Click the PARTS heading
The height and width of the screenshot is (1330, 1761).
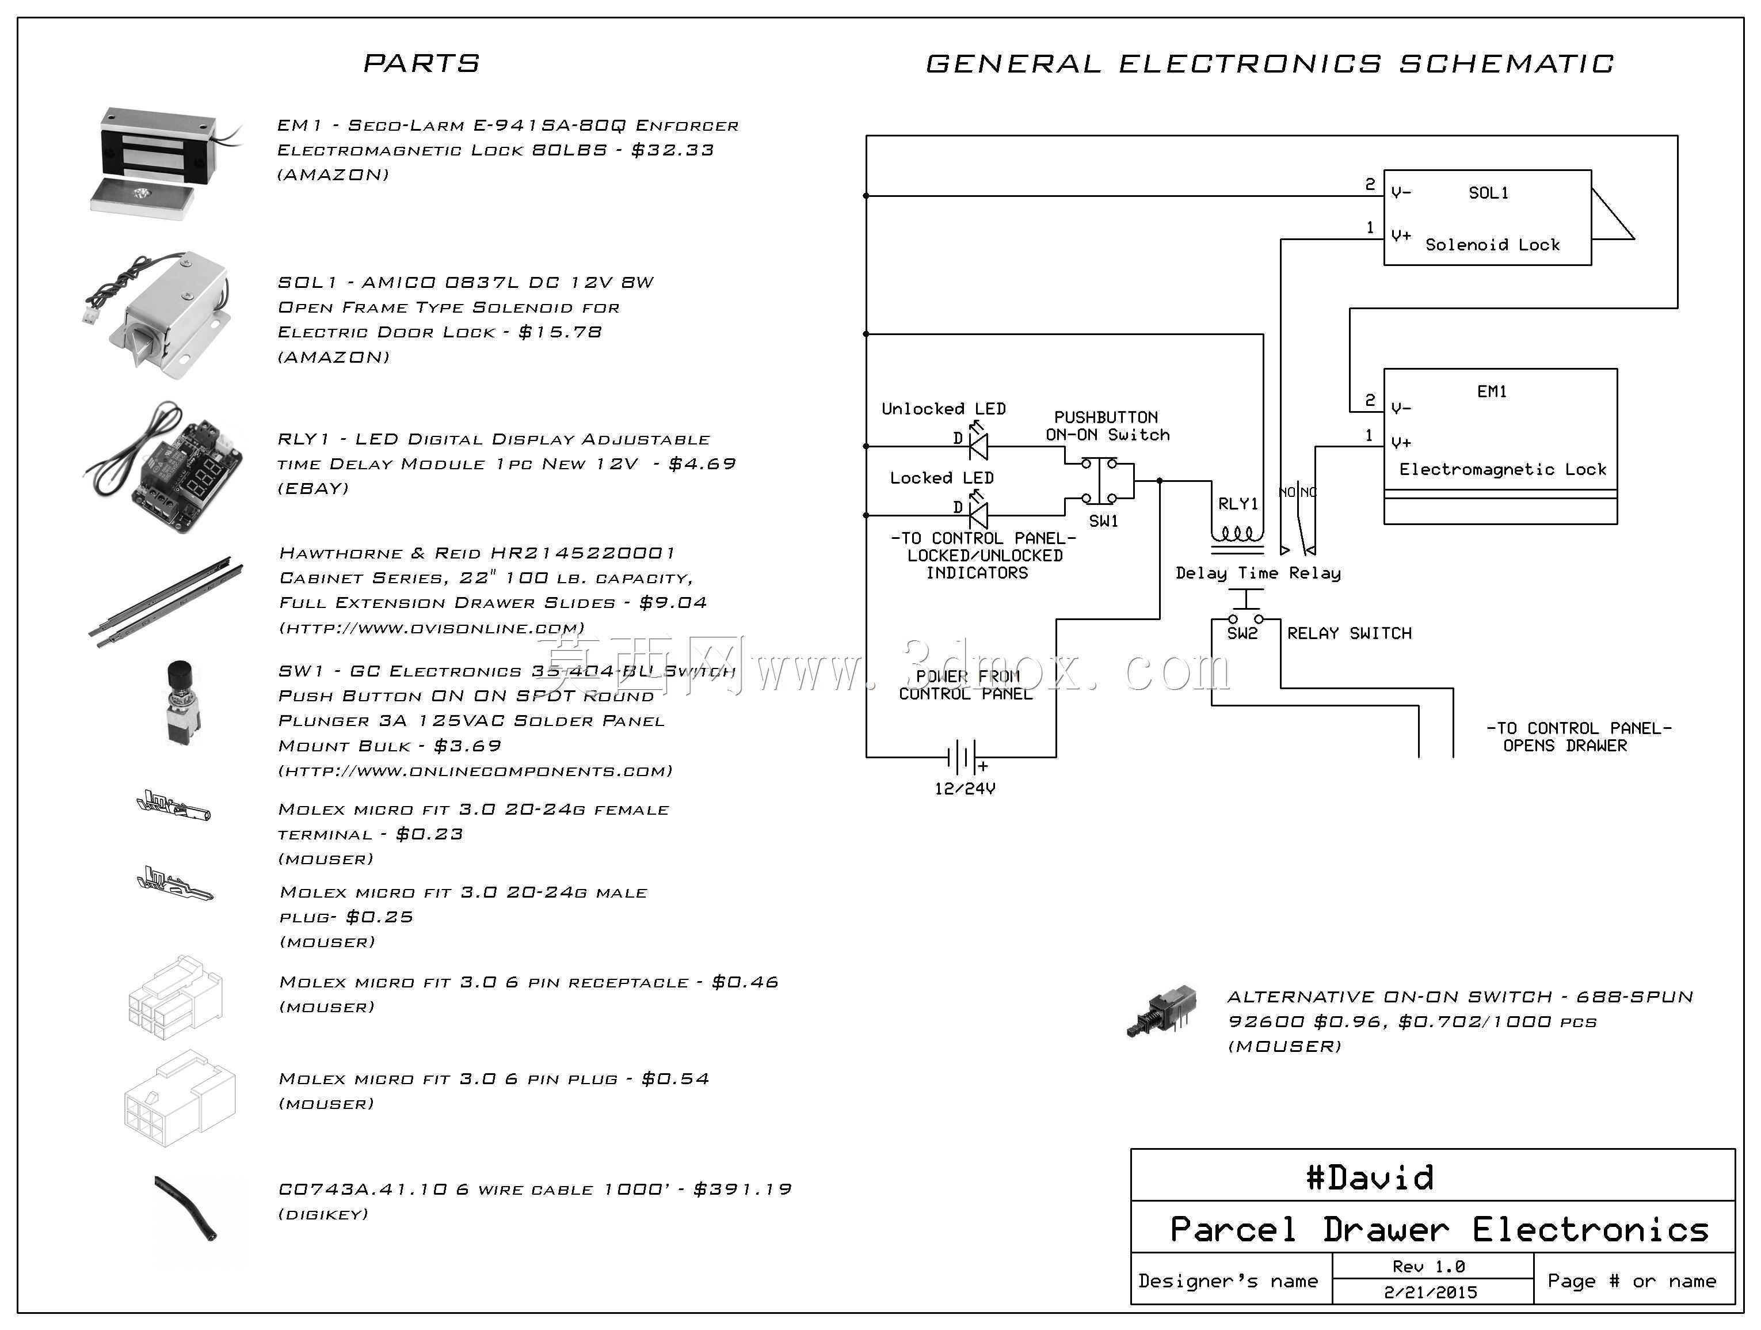pos(421,63)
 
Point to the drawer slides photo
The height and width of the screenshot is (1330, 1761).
pos(166,601)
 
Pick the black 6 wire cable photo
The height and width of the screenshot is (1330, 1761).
pos(186,1208)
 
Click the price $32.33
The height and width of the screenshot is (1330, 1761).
pos(673,150)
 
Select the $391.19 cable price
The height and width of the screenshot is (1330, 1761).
pos(742,1189)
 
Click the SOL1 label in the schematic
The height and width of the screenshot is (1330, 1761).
pos(1488,193)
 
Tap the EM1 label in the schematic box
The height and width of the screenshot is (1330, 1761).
pos(1492,391)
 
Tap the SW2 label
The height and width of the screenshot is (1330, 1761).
pos(1242,633)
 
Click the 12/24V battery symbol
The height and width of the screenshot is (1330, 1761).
pos(963,757)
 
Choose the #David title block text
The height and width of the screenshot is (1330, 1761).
pos(1369,1177)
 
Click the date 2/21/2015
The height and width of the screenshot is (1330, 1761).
pos(1431,1292)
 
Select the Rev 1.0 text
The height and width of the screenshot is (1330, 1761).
pos(1429,1266)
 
